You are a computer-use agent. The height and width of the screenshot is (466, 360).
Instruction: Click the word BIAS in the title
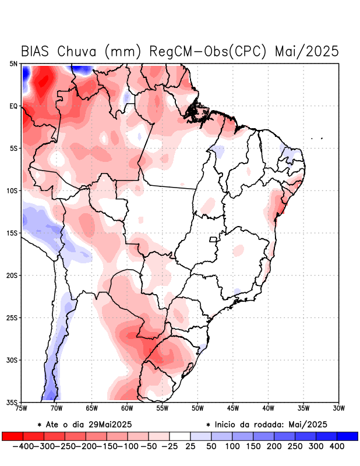37,51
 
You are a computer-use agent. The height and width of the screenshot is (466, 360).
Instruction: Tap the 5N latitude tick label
13,64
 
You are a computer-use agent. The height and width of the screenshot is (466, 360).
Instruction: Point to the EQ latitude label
13,107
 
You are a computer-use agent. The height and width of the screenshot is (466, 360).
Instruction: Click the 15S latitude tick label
12,234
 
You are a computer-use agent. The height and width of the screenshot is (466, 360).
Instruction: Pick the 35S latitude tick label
12,403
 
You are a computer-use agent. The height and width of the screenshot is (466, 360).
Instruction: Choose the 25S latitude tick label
12,318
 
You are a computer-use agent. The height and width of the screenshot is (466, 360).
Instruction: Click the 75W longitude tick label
21,408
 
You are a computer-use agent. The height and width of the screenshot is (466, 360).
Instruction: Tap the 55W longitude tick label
162,408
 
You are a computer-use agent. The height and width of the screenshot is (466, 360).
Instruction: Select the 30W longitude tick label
338,408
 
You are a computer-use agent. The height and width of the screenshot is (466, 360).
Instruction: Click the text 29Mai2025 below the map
112,424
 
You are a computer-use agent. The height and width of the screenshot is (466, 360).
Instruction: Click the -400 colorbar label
22,446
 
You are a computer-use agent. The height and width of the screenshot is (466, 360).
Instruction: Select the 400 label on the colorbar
337,446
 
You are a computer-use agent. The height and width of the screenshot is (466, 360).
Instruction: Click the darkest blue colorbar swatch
347,436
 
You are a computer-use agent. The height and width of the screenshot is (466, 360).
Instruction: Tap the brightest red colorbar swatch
12,436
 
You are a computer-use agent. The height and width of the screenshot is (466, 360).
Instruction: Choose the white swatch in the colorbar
179,436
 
